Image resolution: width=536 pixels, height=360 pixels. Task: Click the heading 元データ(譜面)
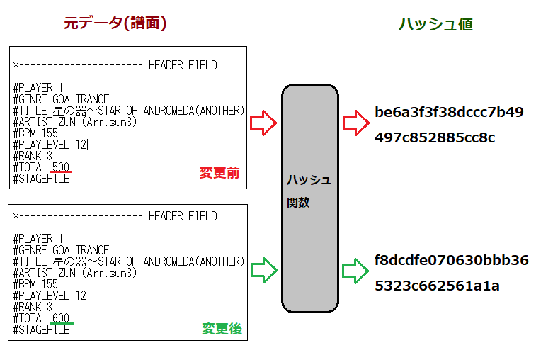[115, 23]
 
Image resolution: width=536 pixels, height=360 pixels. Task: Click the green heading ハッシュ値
[435, 24]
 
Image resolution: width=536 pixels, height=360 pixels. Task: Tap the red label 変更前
[219, 173]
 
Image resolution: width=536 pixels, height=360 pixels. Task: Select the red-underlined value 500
[62, 167]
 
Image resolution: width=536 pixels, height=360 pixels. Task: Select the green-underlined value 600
[62, 318]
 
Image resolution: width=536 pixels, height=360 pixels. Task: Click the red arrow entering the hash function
[264, 123]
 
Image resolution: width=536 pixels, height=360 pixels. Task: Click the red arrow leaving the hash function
[353, 123]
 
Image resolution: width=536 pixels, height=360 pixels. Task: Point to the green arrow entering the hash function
[264, 269]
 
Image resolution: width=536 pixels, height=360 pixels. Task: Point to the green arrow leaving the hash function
[353, 270]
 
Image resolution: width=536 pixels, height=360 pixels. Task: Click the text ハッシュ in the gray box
[309, 180]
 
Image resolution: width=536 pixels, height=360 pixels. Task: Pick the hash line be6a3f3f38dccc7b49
[449, 112]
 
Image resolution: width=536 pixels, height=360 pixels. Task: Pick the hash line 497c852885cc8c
[435, 137]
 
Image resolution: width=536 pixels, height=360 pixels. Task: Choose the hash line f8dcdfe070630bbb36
[451, 260]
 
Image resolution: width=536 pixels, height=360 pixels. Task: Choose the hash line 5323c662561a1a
[437, 286]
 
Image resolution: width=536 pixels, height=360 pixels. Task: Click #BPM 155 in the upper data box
[35, 133]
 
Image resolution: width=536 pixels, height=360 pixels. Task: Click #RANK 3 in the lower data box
[33, 307]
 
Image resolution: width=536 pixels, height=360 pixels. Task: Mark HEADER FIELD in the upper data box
[183, 65]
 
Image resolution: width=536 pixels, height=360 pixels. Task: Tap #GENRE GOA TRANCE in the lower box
[61, 250]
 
